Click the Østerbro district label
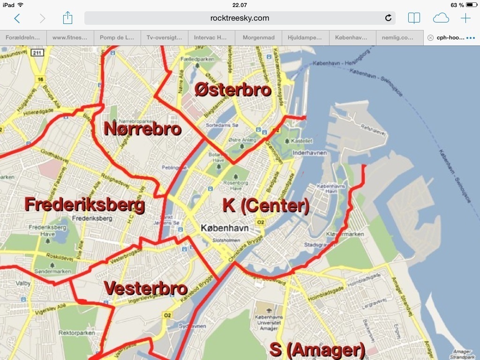click(233, 89)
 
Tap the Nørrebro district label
click(142, 128)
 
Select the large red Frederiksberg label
click(84, 205)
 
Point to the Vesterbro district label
click(145, 288)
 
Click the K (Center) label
click(266, 205)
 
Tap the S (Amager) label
click(317, 350)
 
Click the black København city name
click(225, 228)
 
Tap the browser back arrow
click(17, 18)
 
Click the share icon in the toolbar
click(67, 18)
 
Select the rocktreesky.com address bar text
click(240, 18)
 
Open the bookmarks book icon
click(414, 18)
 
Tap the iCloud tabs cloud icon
click(441, 18)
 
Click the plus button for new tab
click(465, 18)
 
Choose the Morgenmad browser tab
click(258, 37)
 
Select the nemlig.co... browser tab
click(399, 37)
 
